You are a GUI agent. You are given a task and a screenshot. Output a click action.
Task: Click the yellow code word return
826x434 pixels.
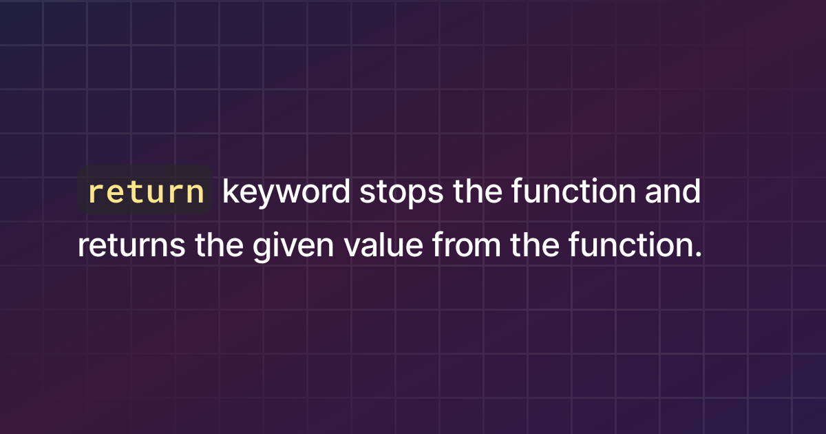tap(147, 193)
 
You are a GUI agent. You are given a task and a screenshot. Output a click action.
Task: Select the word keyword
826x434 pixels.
tap(286, 193)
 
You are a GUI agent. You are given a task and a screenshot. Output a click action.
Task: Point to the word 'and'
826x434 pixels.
tap(673, 193)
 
